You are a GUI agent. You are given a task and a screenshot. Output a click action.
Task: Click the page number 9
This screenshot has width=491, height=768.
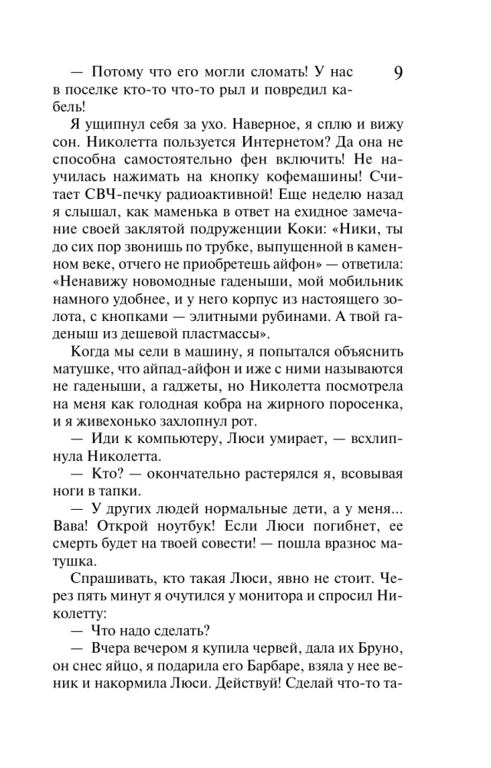click(x=399, y=74)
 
